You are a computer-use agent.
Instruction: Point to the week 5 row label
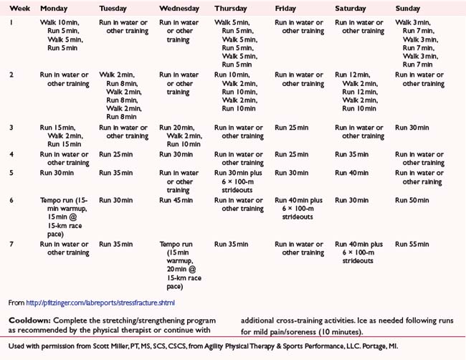pyautogui.click(x=11, y=173)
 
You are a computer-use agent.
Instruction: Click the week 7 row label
pyautogui.click(x=11, y=245)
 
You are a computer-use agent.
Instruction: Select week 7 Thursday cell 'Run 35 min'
pyautogui.click(x=234, y=245)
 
